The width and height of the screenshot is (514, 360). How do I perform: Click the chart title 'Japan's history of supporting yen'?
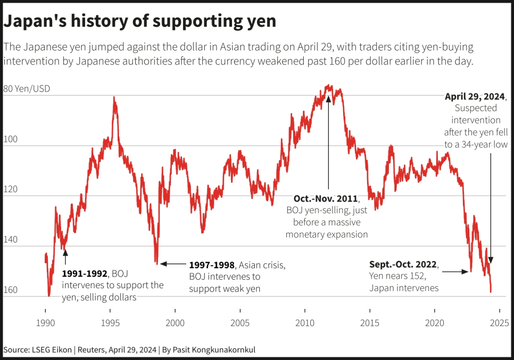click(x=140, y=21)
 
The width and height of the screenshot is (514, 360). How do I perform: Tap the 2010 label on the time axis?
click(x=304, y=323)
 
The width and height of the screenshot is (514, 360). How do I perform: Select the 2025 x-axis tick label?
click(x=499, y=323)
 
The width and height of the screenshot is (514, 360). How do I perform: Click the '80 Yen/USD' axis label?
click(x=27, y=89)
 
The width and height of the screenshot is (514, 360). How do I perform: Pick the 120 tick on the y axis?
click(x=10, y=189)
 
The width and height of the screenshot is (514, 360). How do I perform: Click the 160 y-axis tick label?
click(x=10, y=290)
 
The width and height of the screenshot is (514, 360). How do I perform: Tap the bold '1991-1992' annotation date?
click(x=85, y=274)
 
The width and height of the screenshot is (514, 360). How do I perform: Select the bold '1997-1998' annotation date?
click(x=212, y=264)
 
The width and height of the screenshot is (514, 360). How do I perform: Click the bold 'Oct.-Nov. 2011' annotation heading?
click(x=326, y=198)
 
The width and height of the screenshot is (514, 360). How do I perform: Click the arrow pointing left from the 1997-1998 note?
click(x=172, y=263)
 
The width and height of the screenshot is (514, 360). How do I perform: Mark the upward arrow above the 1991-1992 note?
click(x=65, y=258)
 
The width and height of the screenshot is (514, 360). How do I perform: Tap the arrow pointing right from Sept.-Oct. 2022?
click(x=455, y=272)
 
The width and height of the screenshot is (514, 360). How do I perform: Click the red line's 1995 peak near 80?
click(x=114, y=98)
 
